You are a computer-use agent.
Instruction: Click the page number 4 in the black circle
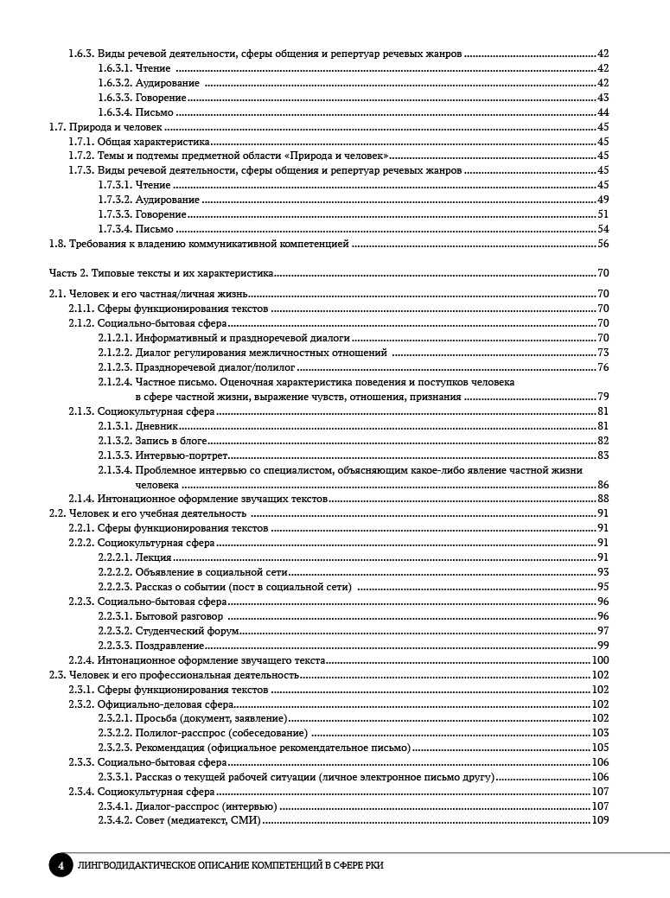pyautogui.click(x=60, y=864)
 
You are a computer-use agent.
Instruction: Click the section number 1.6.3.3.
pyautogui.click(x=115, y=98)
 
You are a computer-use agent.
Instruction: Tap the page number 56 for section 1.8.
pyautogui.click(x=603, y=244)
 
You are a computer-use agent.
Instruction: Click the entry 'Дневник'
pyautogui.click(x=156, y=426)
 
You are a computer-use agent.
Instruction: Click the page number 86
pyautogui.click(x=603, y=484)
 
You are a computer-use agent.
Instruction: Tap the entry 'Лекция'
pyautogui.click(x=153, y=557)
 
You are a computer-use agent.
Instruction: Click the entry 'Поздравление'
pyautogui.click(x=169, y=646)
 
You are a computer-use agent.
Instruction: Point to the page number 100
pyautogui.click(x=601, y=660)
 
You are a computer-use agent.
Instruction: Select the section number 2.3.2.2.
pyautogui.click(x=115, y=733)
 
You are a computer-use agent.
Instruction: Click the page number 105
pyautogui.click(x=601, y=748)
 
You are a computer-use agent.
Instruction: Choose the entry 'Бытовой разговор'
pyautogui.click(x=179, y=616)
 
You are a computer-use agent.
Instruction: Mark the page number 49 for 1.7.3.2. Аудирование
pyautogui.click(x=603, y=200)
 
